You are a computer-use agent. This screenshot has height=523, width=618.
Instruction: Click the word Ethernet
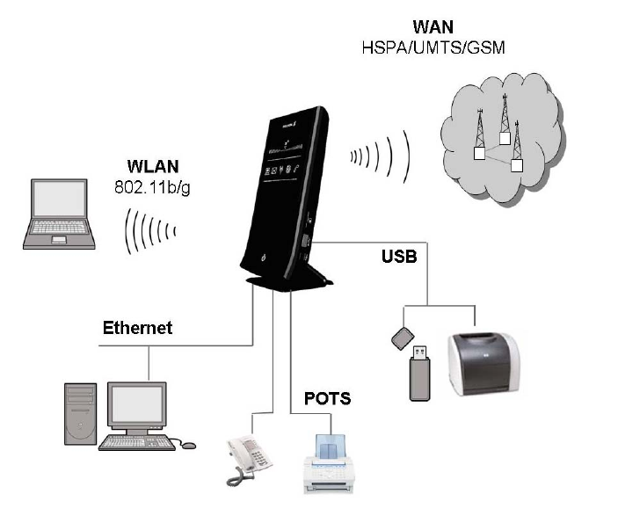click(138, 329)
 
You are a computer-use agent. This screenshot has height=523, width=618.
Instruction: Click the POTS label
click(327, 398)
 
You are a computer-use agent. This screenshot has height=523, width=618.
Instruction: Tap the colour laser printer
click(483, 361)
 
